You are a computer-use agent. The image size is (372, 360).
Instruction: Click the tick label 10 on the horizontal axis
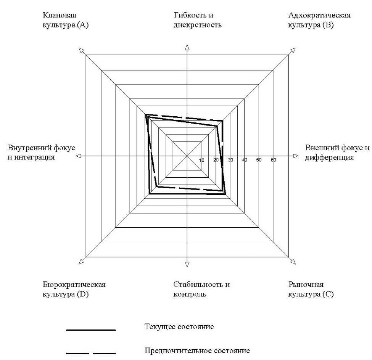coord(202,160)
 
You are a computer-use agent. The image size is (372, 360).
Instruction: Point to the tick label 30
coord(230,160)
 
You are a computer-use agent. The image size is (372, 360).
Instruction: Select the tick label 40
coord(245,160)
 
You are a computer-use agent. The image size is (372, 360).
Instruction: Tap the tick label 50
coord(259,160)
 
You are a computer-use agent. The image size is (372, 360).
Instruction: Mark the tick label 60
coord(273,160)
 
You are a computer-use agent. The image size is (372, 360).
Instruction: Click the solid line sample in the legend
coord(91,330)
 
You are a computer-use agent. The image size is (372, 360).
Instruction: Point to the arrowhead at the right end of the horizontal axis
coord(295,156)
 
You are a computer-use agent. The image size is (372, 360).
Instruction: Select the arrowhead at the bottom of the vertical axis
coord(187,264)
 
